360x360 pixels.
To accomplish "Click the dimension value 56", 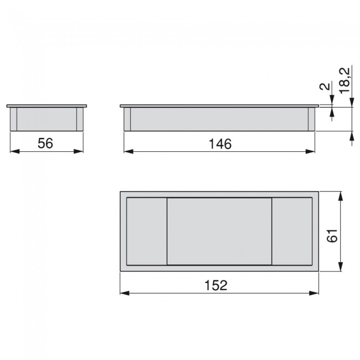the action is [45, 143].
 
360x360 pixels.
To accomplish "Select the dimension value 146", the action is [220, 144].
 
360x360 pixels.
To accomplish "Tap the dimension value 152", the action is [216, 285].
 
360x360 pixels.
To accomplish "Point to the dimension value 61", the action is [332, 235].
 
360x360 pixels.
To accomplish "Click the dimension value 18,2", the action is [345, 81].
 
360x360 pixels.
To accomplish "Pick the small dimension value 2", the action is [325, 86].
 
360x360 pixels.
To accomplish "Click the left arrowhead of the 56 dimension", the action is [15, 151].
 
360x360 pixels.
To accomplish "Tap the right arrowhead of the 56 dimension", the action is [78, 151].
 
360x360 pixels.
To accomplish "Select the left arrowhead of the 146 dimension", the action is [128, 151].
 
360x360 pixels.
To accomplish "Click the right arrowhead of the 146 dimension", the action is [310, 151].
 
